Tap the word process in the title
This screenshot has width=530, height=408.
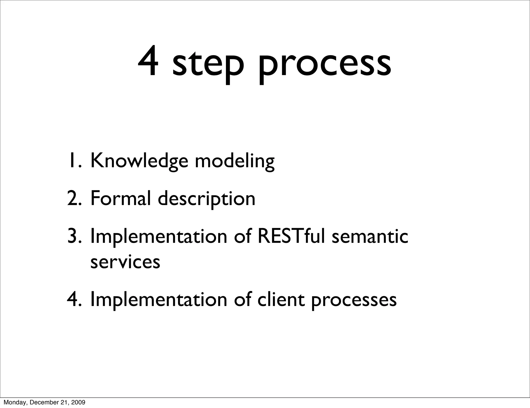325,65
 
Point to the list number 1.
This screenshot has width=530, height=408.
75,161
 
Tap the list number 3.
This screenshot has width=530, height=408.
75,237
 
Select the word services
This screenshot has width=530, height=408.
125,262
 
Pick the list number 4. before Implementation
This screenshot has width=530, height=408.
75,300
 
